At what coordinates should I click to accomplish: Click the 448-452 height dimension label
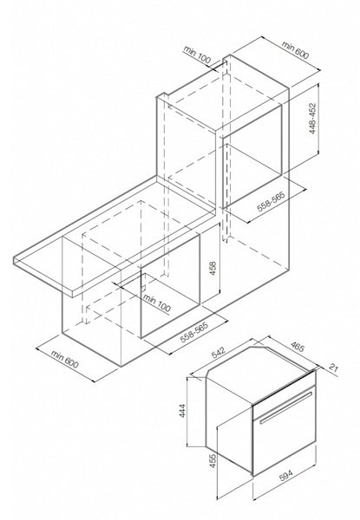(312, 119)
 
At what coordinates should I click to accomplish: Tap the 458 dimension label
(212, 269)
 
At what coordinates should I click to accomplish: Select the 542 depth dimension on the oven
(218, 354)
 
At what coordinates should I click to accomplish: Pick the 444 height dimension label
(183, 410)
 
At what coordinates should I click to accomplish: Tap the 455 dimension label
(212, 461)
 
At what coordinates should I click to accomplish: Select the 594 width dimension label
(285, 475)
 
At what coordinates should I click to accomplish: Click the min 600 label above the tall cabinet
(295, 49)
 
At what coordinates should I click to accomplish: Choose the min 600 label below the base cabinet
(65, 359)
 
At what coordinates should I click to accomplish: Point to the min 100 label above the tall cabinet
(197, 54)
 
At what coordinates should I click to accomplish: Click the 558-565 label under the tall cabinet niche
(272, 202)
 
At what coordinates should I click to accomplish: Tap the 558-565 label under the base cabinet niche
(193, 332)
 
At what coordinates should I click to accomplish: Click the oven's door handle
(286, 407)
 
